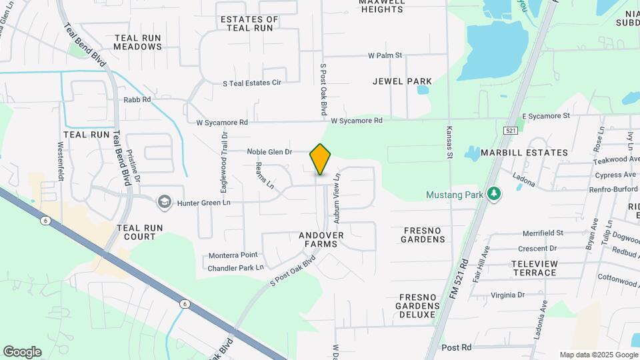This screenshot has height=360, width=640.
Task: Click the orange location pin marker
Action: click(321, 159)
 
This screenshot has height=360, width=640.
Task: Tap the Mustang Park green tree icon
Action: click(494, 194)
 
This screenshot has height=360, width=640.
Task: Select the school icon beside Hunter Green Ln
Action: click(164, 201)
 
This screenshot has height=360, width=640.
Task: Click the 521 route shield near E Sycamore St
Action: click(511, 131)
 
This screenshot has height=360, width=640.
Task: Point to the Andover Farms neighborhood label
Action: click(321, 240)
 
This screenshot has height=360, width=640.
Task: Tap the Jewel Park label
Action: click(402, 81)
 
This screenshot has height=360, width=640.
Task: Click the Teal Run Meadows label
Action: click(137, 43)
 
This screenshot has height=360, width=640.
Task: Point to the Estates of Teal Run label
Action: click(249, 24)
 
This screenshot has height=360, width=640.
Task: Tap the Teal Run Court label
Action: click(140, 232)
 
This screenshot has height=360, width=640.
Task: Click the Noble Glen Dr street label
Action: click(270, 152)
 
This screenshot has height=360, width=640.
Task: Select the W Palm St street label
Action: click(385, 55)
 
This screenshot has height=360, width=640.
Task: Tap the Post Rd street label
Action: click(457, 347)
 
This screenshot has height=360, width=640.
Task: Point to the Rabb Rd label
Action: click(137, 99)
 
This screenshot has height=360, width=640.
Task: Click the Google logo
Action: click(22, 352)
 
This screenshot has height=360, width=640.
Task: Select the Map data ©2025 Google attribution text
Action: click(598, 355)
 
